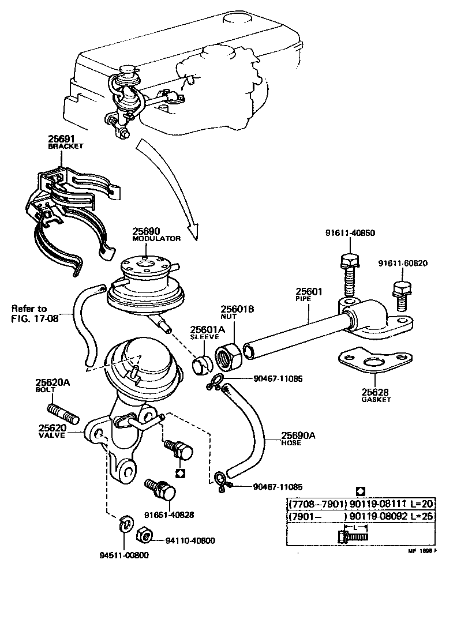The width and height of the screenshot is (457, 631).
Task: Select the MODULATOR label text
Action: tap(156, 238)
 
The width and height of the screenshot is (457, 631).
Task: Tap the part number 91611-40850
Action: tap(350, 233)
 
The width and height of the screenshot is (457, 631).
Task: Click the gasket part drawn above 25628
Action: tap(368, 363)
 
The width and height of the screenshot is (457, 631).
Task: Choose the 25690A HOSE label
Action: tap(298, 439)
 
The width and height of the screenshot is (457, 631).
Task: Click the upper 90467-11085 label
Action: tap(278, 379)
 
